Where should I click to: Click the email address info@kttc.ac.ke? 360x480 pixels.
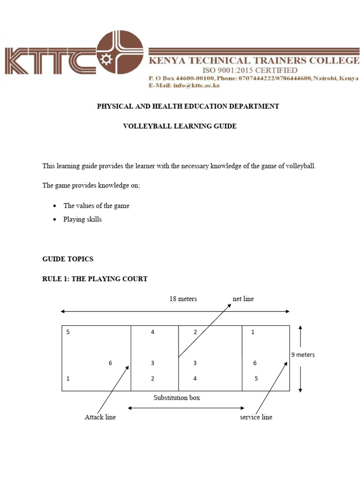(196, 85)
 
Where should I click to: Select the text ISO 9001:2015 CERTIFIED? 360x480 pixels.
(250, 70)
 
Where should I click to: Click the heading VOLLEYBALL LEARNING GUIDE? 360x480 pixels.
(180, 127)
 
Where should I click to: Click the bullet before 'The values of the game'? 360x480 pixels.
(55, 206)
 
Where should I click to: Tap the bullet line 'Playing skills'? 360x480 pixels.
(82, 219)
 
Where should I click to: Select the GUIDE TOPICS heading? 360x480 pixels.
(68, 259)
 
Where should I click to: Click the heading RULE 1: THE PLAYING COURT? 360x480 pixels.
(95, 279)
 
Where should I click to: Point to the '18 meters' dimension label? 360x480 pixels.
(183, 299)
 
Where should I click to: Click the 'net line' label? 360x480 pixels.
(243, 299)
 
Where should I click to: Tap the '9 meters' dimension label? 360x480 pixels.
(303, 355)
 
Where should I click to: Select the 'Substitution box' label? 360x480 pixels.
(177, 397)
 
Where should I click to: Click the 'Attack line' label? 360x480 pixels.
(100, 417)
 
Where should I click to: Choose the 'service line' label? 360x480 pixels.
(256, 417)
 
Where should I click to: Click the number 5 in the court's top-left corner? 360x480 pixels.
(68, 332)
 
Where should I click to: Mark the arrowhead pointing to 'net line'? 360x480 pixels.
(230, 305)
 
